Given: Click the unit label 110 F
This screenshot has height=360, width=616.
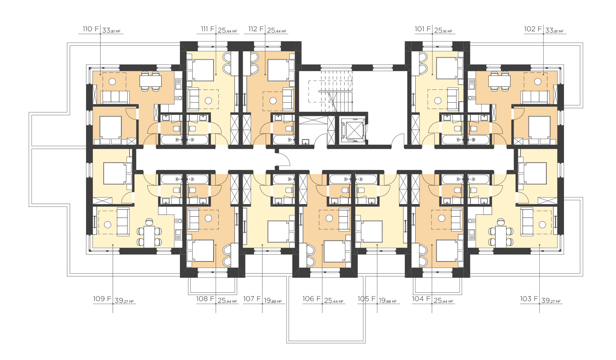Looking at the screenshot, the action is click(x=91, y=29).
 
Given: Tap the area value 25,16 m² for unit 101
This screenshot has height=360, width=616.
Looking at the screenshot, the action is click(x=443, y=31).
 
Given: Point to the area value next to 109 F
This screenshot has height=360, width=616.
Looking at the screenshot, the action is click(x=124, y=301).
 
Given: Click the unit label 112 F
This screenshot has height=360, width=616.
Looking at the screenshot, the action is click(x=256, y=29).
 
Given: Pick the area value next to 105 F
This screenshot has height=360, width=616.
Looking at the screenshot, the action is click(x=388, y=301).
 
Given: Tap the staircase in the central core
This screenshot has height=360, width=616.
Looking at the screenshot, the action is click(x=330, y=91).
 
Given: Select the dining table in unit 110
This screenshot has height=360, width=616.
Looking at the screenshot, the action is click(x=150, y=81).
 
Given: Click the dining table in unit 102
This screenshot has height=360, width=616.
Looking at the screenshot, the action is click(x=500, y=81).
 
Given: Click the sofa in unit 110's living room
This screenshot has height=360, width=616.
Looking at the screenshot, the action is click(x=115, y=97).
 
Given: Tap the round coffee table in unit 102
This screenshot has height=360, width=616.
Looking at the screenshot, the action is click(x=538, y=82).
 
